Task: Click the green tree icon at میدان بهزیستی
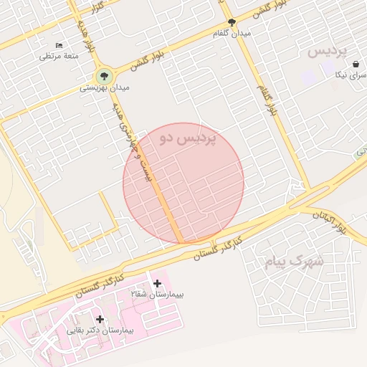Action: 105,75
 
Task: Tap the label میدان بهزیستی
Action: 105,88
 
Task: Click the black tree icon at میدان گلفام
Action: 231,22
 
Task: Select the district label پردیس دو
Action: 188,138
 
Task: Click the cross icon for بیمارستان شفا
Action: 158,284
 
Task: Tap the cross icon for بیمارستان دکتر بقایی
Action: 100,319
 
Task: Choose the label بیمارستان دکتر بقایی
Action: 100,330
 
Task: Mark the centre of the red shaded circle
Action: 183,183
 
